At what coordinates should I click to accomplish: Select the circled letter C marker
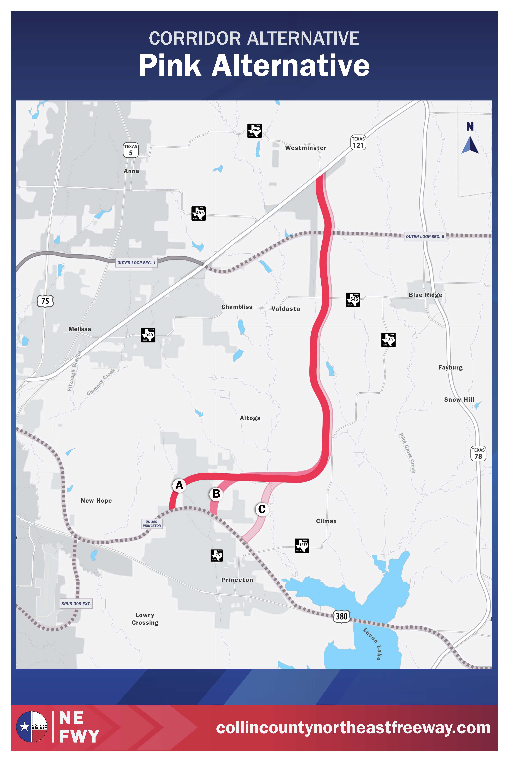pyautogui.click(x=262, y=509)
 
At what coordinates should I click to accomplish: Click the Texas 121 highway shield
pyautogui.click(x=358, y=143)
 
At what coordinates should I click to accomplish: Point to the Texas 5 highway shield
pyautogui.click(x=131, y=150)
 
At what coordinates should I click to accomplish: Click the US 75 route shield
pyautogui.click(x=45, y=301)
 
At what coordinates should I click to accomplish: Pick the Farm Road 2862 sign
pyautogui.click(x=254, y=131)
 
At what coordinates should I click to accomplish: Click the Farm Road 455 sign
pyautogui.click(x=199, y=213)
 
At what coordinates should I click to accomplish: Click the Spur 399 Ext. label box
pyautogui.click(x=76, y=604)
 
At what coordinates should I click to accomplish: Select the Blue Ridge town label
pyautogui.click(x=425, y=295)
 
